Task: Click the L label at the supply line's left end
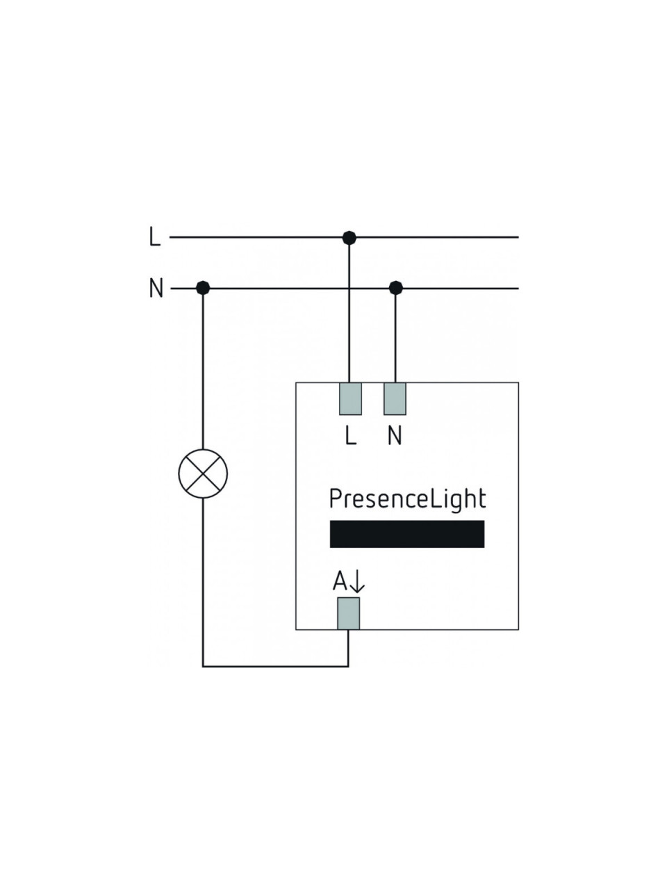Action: click(x=155, y=237)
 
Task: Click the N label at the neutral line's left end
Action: click(x=156, y=289)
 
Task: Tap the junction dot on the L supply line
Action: click(x=349, y=238)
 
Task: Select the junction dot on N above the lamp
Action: click(x=203, y=288)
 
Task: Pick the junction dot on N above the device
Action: click(x=395, y=289)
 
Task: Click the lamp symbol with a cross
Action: click(x=203, y=474)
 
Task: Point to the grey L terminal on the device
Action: click(x=350, y=398)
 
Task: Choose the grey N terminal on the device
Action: click(x=395, y=398)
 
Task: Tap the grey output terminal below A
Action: click(x=348, y=613)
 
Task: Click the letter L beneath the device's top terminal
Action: click(x=351, y=436)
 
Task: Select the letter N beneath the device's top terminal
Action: click(x=395, y=436)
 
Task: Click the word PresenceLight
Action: click(x=407, y=499)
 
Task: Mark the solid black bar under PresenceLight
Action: click(x=407, y=534)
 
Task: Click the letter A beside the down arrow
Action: click(x=340, y=581)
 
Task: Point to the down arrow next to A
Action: click(x=357, y=582)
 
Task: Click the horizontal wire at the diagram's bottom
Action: click(x=275, y=666)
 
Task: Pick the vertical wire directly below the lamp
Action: click(x=203, y=582)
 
